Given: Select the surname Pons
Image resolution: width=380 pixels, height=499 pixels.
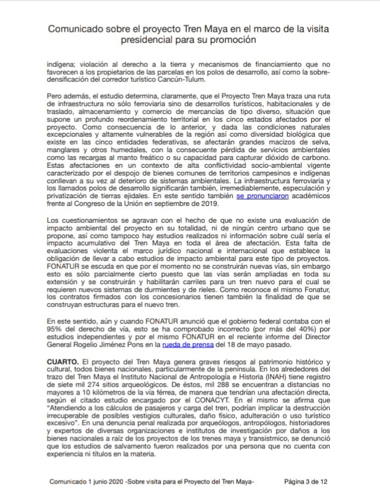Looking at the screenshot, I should [x=145, y=344].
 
